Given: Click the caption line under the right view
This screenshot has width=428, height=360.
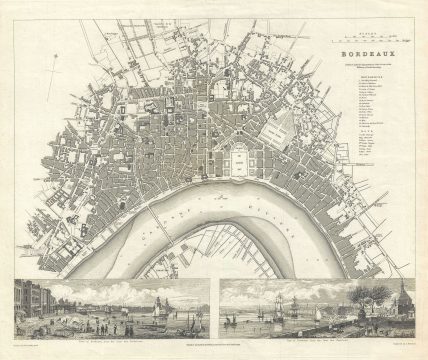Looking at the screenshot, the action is point(315,331).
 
